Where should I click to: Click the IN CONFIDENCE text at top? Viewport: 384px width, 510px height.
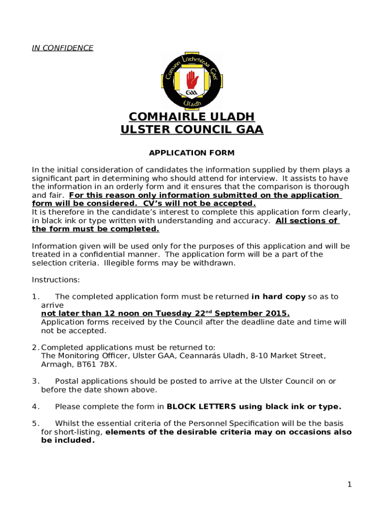62,48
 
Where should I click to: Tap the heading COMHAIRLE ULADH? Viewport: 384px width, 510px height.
192,117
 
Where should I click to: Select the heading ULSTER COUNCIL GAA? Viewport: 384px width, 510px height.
192,130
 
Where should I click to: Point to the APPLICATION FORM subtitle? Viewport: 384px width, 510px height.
192,153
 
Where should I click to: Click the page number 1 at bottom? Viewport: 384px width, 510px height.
350,485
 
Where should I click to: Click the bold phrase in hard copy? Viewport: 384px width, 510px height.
278,297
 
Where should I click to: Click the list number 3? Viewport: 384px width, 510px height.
35,382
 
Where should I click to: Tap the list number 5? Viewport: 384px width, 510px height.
35,424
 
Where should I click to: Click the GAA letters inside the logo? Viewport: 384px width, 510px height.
191,93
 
